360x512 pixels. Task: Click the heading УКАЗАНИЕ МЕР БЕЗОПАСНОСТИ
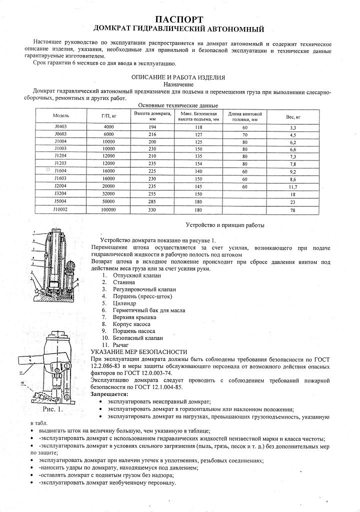139,352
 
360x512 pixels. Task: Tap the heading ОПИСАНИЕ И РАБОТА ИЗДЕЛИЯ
178,77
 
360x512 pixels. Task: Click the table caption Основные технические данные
178,105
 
